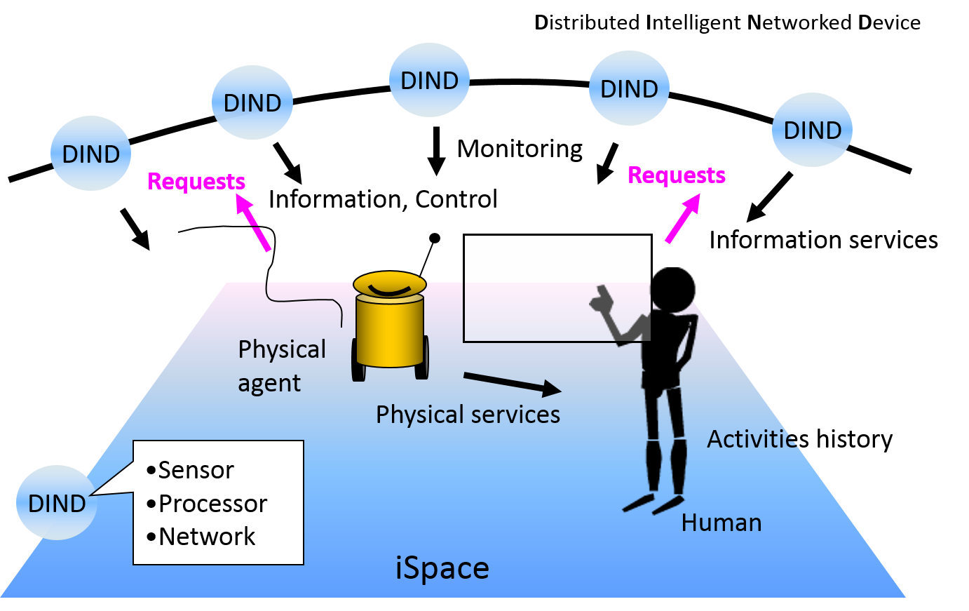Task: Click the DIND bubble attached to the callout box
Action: tap(56, 502)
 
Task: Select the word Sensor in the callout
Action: tap(196, 470)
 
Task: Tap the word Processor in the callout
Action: tap(212, 504)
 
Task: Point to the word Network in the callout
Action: tap(207, 537)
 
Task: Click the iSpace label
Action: tap(442, 568)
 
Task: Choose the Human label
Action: tap(721, 523)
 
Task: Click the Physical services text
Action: tap(468, 415)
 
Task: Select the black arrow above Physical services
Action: tap(512, 383)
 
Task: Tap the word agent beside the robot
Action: tap(269, 384)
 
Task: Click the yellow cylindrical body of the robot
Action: tap(389, 330)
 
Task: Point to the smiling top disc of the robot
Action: tap(390, 284)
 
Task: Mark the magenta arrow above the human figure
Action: tap(682, 218)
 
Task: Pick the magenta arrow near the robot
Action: tap(253, 222)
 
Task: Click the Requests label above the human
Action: tap(677, 175)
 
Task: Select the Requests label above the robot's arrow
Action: tap(196, 182)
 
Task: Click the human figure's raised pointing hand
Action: tap(601, 300)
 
